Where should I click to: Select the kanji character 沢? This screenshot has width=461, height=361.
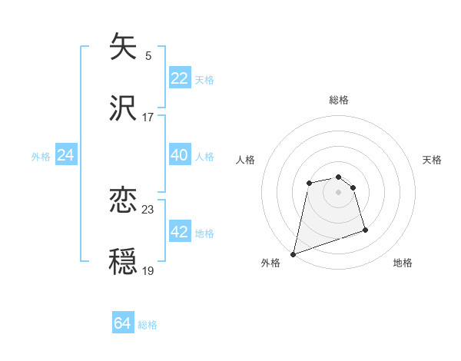(x=124, y=109)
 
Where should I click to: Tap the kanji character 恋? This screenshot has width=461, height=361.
(x=124, y=201)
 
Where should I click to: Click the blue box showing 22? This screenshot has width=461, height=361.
(x=179, y=78)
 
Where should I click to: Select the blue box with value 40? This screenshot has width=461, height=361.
(x=179, y=155)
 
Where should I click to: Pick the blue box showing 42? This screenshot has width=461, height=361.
(x=179, y=232)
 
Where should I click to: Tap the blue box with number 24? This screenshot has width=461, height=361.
(x=65, y=155)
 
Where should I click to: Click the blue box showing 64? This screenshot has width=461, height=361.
(x=123, y=323)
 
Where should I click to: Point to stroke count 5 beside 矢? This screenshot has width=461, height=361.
(x=148, y=55)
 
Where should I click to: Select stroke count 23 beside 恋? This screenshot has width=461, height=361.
(x=148, y=209)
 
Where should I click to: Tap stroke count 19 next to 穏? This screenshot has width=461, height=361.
(x=148, y=270)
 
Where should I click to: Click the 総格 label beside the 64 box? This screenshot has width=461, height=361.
(x=148, y=325)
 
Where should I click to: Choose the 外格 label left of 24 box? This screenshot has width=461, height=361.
(x=41, y=157)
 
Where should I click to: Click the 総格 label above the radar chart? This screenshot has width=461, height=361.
(x=339, y=100)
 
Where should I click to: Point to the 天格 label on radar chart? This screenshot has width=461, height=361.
(x=432, y=160)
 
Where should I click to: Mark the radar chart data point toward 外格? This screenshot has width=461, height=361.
(x=294, y=253)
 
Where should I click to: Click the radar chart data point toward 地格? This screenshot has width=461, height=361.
(x=365, y=230)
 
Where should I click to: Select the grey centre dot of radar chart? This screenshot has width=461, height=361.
(x=339, y=191)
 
